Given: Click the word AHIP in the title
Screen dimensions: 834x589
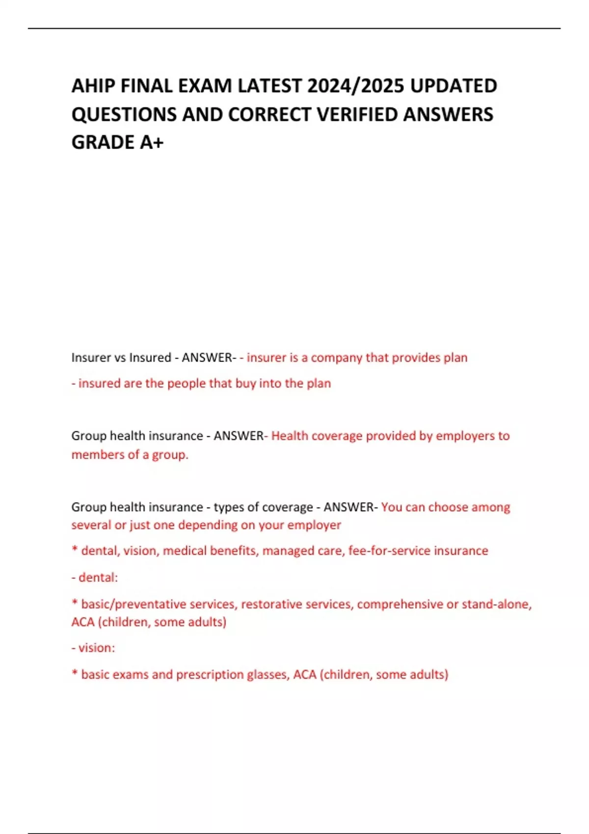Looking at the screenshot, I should [x=93, y=86].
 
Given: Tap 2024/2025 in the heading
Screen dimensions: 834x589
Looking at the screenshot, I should [x=355, y=86].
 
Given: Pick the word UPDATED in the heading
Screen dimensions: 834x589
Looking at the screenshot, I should [x=454, y=86].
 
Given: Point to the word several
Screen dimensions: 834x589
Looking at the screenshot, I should [x=91, y=525].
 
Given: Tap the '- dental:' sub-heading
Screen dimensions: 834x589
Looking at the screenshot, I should [x=95, y=577].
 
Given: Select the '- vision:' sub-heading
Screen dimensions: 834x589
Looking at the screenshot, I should [x=94, y=648].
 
